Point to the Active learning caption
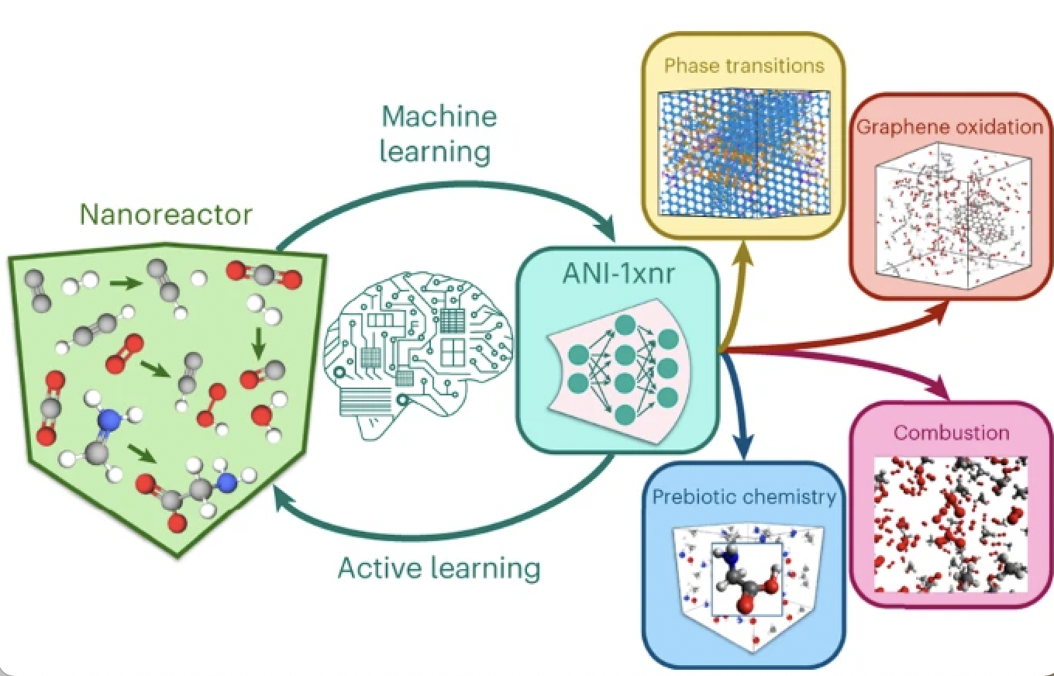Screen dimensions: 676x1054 [x=439, y=567]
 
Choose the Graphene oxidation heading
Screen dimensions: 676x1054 [x=949, y=126]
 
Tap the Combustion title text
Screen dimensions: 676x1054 [x=952, y=432]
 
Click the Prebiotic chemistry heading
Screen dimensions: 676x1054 [x=744, y=496]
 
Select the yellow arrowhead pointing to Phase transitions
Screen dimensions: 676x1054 [x=746, y=252]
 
